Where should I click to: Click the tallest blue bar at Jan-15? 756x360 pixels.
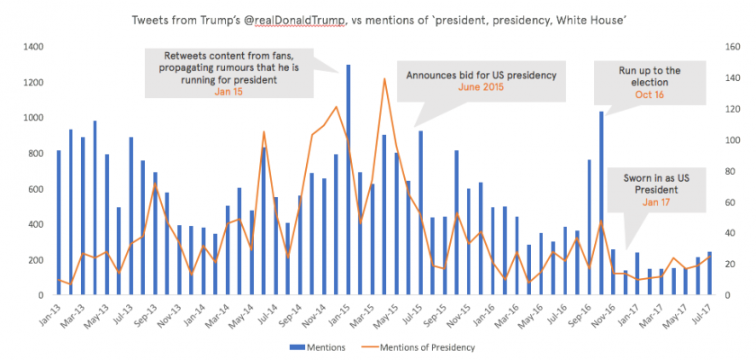pyautogui.click(x=348, y=180)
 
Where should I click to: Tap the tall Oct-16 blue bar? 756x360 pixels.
pyautogui.click(x=601, y=203)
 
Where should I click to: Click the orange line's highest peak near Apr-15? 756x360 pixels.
pyautogui.click(x=384, y=79)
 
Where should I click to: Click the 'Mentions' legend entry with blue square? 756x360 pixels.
pyautogui.click(x=318, y=346)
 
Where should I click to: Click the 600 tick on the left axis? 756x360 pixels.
pyautogui.click(x=34, y=189)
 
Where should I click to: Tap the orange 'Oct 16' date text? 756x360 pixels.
pyautogui.click(x=642, y=94)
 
